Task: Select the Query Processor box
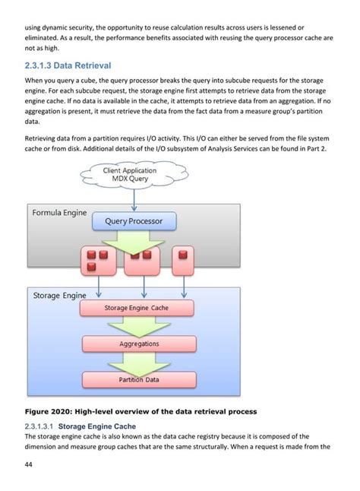click(133, 222)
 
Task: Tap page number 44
click(29, 464)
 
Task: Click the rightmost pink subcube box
click(183, 261)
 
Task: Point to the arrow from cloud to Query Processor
click(133, 200)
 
